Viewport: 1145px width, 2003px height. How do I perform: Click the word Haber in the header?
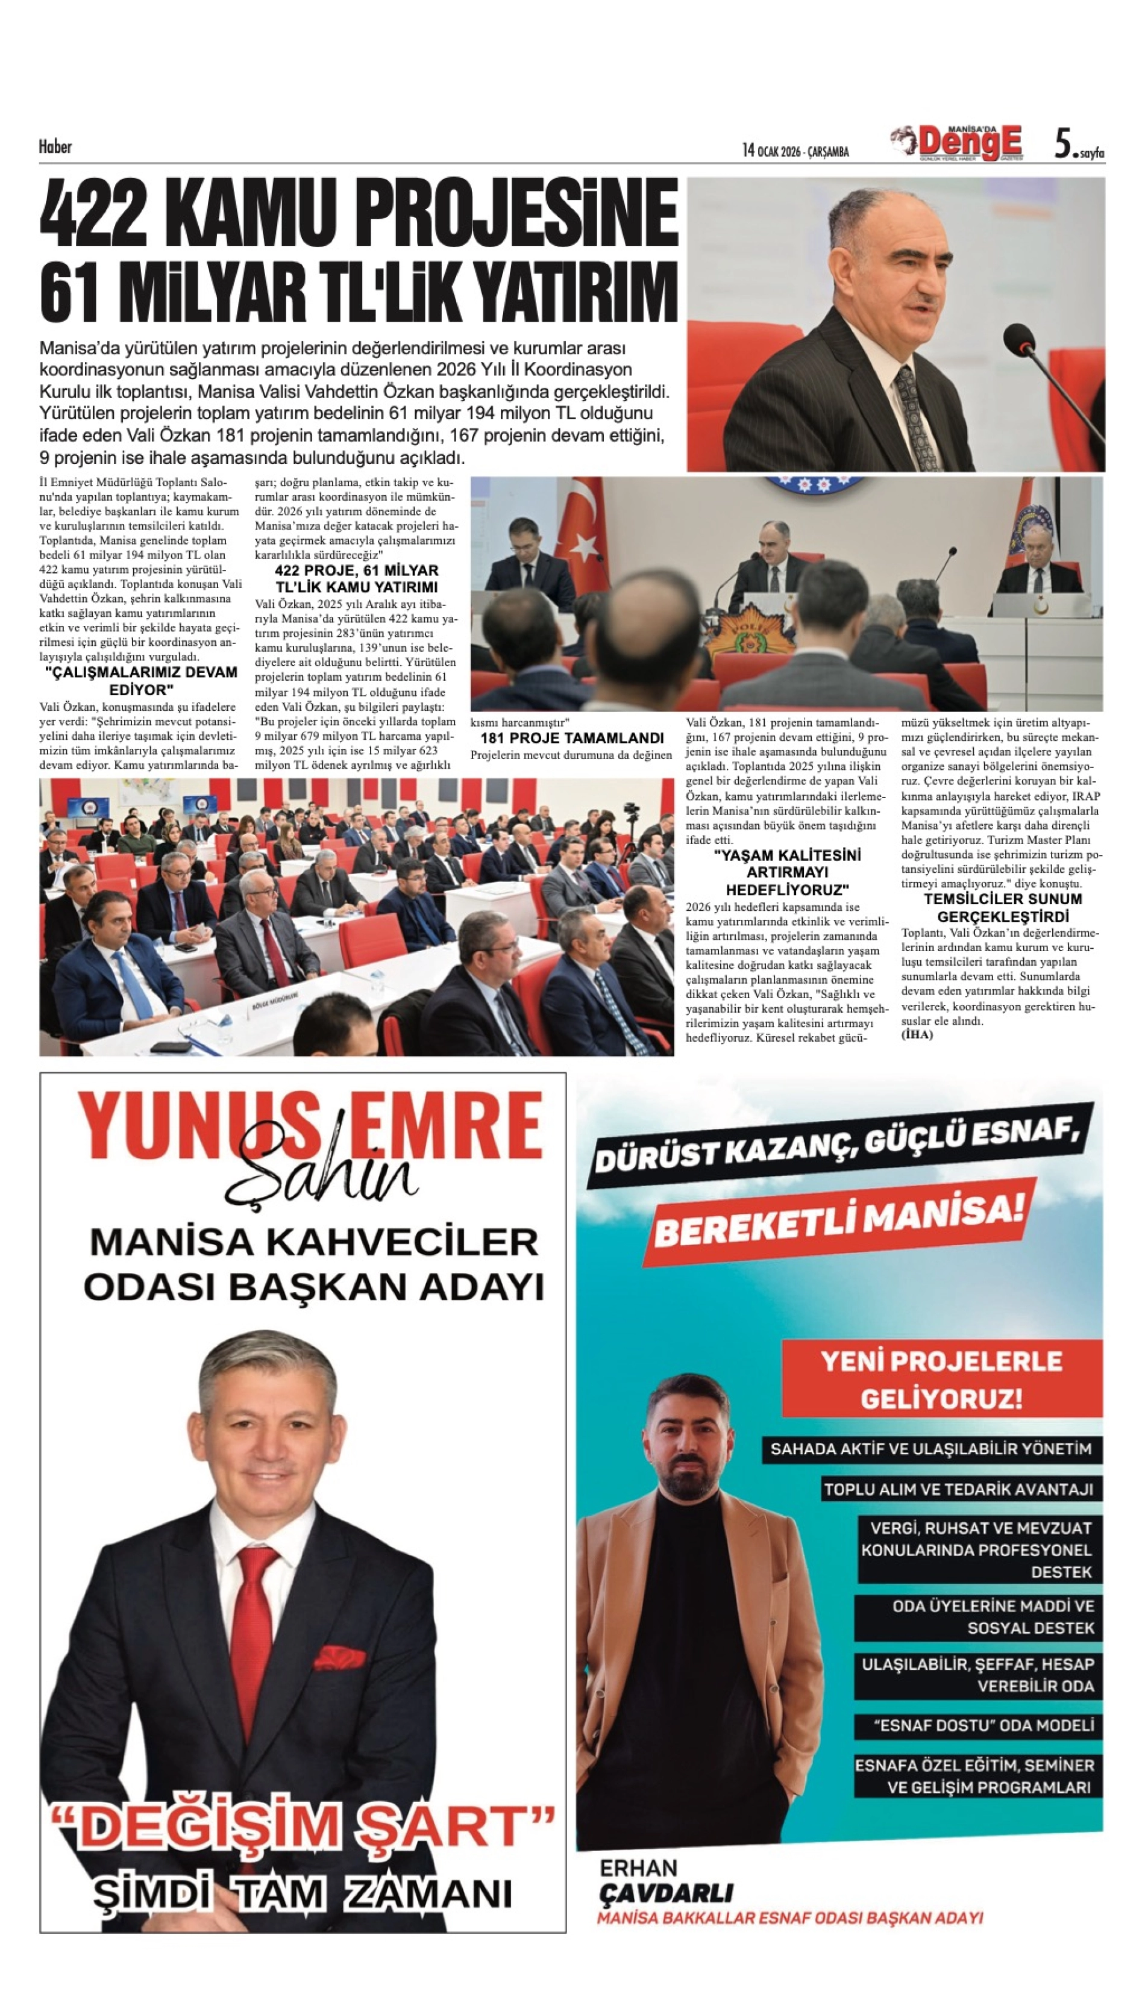(x=55, y=146)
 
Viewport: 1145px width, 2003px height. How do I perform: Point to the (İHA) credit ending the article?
(x=917, y=1034)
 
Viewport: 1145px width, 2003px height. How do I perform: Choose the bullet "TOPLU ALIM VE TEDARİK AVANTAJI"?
(x=958, y=1489)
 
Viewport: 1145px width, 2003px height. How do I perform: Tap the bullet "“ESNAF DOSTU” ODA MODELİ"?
(x=983, y=1725)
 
